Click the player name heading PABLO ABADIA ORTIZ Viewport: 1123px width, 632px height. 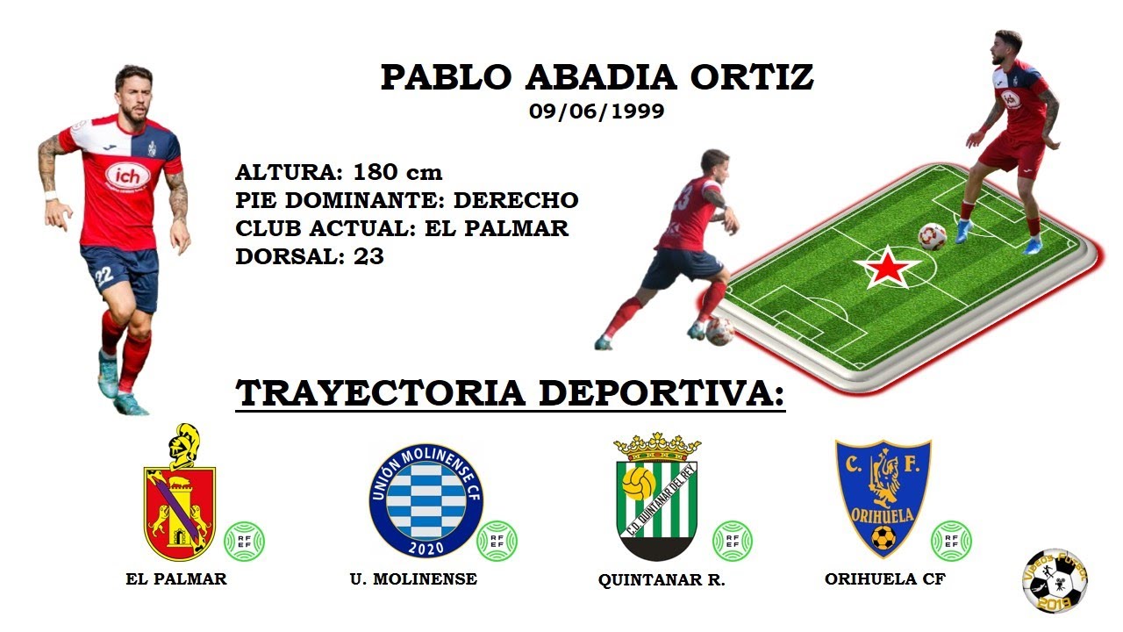coord(597,77)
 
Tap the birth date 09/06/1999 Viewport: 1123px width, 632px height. coord(597,111)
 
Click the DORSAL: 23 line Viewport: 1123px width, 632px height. coord(310,256)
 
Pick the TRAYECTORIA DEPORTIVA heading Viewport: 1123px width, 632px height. coord(510,392)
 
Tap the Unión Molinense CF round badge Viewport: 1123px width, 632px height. coord(426,500)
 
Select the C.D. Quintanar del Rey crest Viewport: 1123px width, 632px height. coord(657,498)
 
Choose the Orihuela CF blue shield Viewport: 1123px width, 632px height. coord(883,497)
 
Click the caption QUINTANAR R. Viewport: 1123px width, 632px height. coord(662,580)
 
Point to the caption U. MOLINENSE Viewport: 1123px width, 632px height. coord(413,578)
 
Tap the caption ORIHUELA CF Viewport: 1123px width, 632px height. coord(884,578)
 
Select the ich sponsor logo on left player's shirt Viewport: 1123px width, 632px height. coord(127,175)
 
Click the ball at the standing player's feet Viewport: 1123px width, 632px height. coord(932,235)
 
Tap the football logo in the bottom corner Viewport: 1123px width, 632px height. coord(1055,580)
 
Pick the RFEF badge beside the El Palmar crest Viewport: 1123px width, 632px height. coord(244,542)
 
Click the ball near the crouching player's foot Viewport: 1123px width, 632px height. coord(719,330)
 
